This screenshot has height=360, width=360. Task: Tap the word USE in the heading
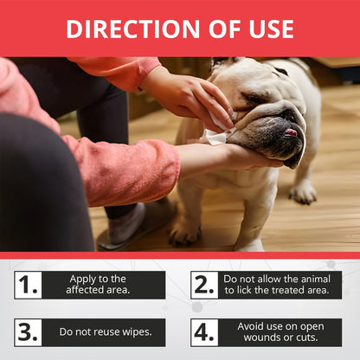pos(271,29)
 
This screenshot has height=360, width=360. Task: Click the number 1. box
pos(29,285)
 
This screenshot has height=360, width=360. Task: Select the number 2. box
pos(204,285)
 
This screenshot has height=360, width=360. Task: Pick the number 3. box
pos(29,332)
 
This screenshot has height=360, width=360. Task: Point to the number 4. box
pos(204,332)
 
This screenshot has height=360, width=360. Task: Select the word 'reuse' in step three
pos(106,332)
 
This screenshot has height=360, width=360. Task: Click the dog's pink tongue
pos(291,132)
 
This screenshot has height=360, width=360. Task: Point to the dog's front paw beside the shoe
pos(184,232)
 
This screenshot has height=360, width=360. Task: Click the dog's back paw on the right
pos(303,193)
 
